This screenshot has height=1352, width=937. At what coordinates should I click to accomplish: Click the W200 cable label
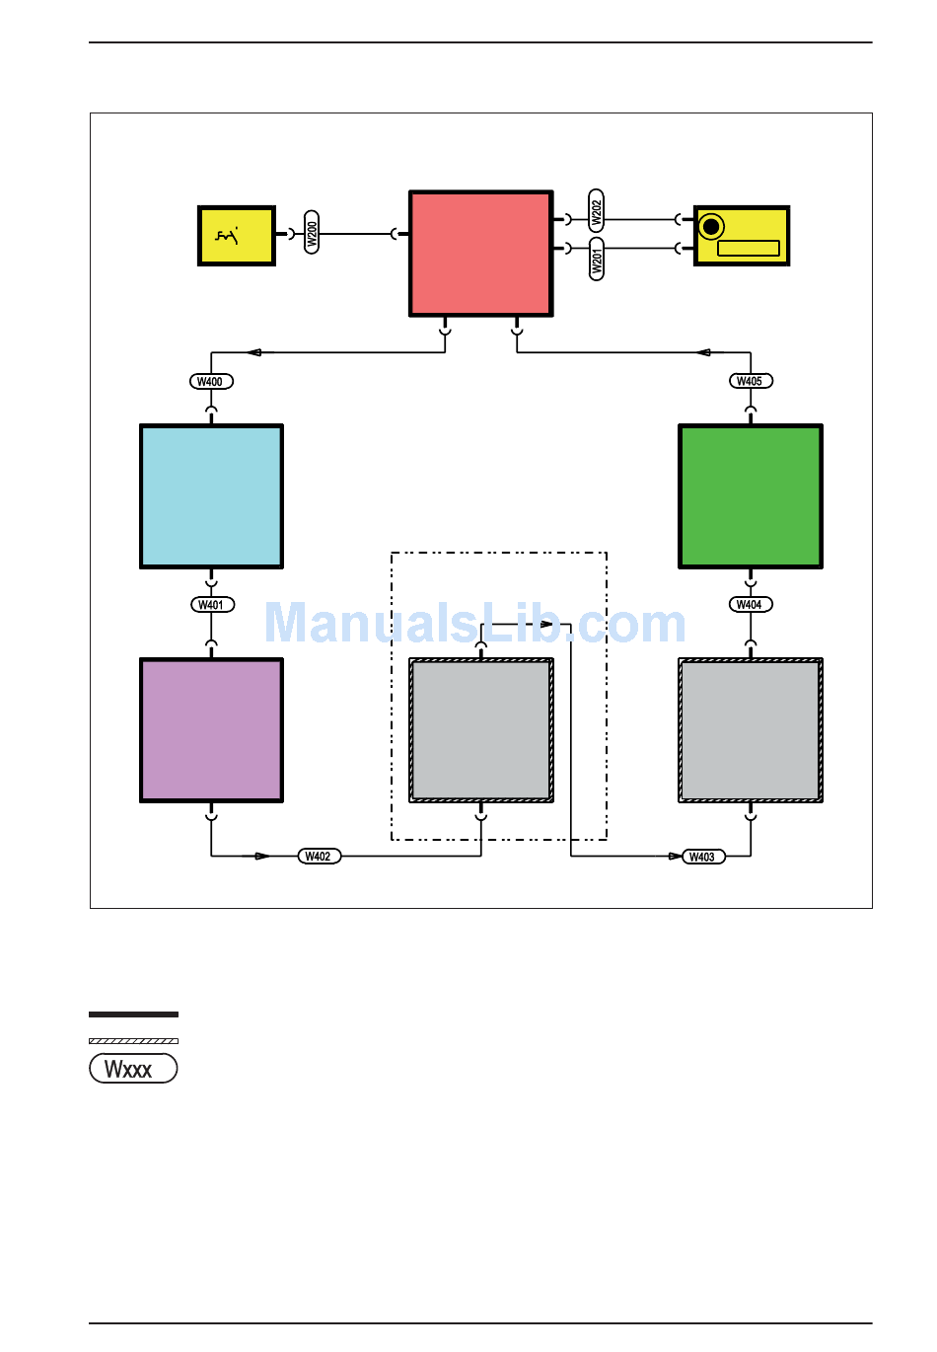click(x=312, y=232)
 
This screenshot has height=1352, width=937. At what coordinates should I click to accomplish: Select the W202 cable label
click(x=596, y=210)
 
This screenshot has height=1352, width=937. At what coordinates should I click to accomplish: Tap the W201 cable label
click(x=596, y=259)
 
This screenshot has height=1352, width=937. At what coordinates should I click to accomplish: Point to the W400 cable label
click(x=211, y=382)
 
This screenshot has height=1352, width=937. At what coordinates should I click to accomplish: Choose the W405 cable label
click(x=751, y=381)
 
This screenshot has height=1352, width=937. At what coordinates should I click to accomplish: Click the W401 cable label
click(x=212, y=604)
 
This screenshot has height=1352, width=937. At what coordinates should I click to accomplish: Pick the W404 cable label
click(x=751, y=604)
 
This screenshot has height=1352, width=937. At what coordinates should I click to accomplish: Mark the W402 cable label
click(x=320, y=856)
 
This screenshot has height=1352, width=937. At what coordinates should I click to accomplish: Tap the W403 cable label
click(x=703, y=857)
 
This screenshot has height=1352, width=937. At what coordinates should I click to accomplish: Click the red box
click(x=481, y=254)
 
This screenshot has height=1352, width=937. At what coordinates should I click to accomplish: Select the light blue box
click(x=211, y=496)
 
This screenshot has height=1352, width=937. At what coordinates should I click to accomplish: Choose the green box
click(x=751, y=496)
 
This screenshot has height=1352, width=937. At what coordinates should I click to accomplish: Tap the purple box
click(x=211, y=730)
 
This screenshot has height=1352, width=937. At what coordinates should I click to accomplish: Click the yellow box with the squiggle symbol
click(x=237, y=236)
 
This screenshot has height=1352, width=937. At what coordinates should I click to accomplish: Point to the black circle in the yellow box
click(x=711, y=227)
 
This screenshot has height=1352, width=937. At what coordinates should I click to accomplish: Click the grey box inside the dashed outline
click(x=481, y=730)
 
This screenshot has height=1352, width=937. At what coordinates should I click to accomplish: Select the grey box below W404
click(x=751, y=730)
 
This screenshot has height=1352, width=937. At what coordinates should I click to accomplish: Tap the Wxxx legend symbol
click(x=133, y=1069)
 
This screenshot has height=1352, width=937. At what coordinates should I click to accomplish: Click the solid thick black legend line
click(x=133, y=1014)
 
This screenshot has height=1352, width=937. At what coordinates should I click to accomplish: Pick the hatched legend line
click(x=133, y=1041)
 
